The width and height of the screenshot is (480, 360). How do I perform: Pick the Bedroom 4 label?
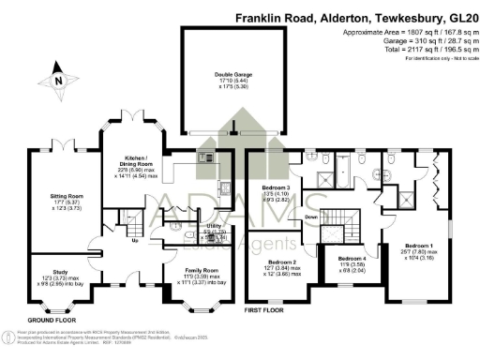(352, 258)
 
